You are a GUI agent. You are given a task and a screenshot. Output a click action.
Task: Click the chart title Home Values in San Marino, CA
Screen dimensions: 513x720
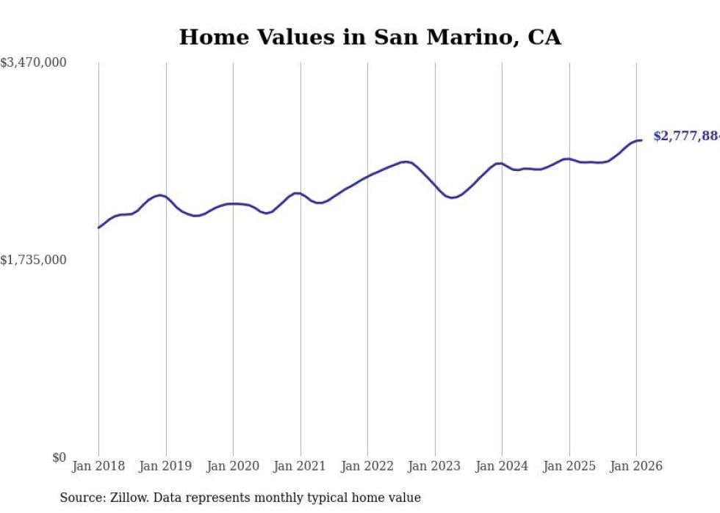click(370, 37)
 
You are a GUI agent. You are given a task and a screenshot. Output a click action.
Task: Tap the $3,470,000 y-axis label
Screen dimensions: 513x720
click(34, 63)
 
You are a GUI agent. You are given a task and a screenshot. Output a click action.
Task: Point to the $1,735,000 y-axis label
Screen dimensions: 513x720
click(34, 260)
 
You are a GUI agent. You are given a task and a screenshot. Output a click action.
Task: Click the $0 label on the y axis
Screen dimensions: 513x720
click(59, 457)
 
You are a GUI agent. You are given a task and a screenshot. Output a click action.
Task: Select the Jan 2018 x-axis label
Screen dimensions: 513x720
click(98, 466)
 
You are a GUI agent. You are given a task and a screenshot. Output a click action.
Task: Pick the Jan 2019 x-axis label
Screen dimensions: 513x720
click(166, 466)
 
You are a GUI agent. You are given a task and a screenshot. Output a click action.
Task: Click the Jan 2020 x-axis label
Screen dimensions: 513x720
click(233, 466)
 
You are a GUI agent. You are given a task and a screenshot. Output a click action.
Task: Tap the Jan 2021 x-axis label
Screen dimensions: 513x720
click(300, 466)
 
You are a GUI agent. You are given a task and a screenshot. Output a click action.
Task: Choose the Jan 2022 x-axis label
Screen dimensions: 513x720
click(367, 466)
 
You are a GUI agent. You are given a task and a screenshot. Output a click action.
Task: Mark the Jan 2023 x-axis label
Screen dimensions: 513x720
click(435, 466)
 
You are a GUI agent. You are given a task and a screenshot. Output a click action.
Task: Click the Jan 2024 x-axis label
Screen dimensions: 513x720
click(502, 466)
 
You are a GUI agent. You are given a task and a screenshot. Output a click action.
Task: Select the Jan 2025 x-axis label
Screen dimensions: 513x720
click(569, 466)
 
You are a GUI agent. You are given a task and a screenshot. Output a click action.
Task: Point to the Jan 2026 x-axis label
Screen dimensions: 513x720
click(636, 466)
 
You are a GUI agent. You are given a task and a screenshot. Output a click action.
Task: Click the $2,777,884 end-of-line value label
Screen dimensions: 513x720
click(685, 137)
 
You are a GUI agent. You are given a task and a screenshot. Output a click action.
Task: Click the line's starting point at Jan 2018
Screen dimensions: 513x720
click(98, 228)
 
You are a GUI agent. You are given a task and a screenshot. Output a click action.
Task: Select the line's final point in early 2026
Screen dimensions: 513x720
click(641, 140)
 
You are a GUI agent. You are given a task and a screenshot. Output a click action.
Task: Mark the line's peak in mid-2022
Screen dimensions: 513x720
click(406, 161)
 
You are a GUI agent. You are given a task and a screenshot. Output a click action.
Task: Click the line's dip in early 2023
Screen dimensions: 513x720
click(453, 197)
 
